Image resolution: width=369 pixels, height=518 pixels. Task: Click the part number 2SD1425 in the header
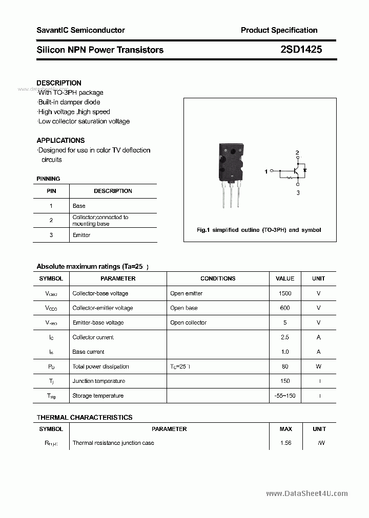[301, 50]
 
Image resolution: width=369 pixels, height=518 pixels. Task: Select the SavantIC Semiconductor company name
[80, 30]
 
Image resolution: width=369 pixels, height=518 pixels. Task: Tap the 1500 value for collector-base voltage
[285, 293]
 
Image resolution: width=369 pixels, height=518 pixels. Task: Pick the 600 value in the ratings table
[285, 308]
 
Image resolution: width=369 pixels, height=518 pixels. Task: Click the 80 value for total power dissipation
[285, 366]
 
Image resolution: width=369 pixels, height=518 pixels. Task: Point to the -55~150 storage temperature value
[285, 396]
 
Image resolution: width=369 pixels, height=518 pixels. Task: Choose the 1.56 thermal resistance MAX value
[285, 443]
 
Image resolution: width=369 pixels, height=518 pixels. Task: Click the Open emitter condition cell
[187, 293]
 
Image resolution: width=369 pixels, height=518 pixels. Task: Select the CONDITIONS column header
[218, 278]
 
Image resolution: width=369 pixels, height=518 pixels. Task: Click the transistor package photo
[232, 174]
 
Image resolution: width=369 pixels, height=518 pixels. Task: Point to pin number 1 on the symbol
[266, 171]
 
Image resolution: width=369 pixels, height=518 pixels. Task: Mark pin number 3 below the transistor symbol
[298, 192]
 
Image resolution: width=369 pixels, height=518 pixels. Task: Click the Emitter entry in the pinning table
[81, 235]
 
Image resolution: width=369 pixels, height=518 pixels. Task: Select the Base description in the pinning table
[79, 206]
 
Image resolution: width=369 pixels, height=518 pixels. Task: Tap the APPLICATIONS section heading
[60, 140]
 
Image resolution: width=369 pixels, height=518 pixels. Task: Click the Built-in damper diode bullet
[69, 102]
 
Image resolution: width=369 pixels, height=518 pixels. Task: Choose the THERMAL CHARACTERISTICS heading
[85, 418]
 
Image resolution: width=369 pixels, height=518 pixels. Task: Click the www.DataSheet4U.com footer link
[307, 493]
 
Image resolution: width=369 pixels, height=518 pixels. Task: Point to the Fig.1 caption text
[259, 230]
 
